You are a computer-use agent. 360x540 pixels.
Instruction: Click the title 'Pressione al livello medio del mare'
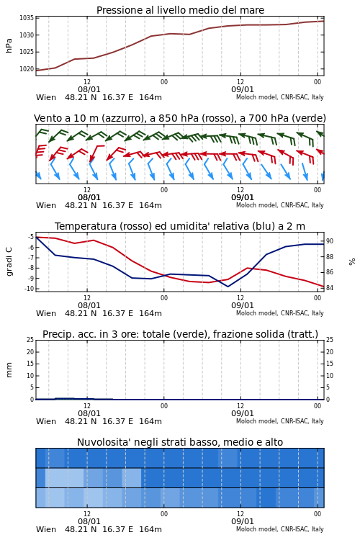tap(180, 10)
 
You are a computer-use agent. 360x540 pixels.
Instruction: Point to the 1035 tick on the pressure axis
tap(27, 18)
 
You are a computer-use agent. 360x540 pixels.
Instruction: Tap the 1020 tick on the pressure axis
tap(27, 69)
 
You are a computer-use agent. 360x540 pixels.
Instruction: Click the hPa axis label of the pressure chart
tap(9, 45)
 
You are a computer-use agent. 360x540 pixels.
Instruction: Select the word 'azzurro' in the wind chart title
tap(120, 118)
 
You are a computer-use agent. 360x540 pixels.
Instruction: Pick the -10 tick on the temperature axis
tap(29, 289)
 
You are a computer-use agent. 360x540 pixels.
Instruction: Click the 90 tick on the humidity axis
tap(330, 241)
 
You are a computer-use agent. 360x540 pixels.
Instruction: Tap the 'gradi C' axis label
tap(9, 261)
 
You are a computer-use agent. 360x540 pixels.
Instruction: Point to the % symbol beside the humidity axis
tap(352, 262)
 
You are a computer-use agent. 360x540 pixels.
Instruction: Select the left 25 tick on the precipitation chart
tap(30, 340)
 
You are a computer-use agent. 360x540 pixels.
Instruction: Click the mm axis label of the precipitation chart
tap(9, 370)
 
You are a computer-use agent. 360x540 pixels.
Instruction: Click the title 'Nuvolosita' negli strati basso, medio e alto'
tap(180, 442)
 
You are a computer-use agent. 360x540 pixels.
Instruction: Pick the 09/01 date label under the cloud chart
tap(242, 521)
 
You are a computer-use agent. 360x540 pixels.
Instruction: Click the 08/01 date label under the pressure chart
tap(89, 89)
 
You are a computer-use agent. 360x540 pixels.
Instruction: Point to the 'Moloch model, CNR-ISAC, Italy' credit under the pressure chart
tap(280, 97)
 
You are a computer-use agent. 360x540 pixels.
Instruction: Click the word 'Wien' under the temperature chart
tap(46, 313)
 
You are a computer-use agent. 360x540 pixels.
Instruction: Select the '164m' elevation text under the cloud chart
tap(150, 529)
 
